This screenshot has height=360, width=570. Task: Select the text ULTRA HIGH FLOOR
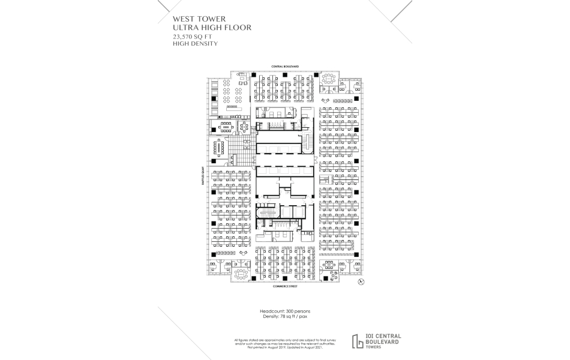(x=208, y=28)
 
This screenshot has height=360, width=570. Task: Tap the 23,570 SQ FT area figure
(x=190, y=37)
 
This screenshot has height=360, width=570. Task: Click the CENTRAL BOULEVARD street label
(x=284, y=67)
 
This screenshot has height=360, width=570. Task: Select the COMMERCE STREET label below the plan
(x=284, y=287)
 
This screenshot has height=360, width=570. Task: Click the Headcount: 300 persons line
(x=284, y=311)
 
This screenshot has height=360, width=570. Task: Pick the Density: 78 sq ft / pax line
(x=284, y=317)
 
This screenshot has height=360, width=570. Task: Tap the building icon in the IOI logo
(x=359, y=340)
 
